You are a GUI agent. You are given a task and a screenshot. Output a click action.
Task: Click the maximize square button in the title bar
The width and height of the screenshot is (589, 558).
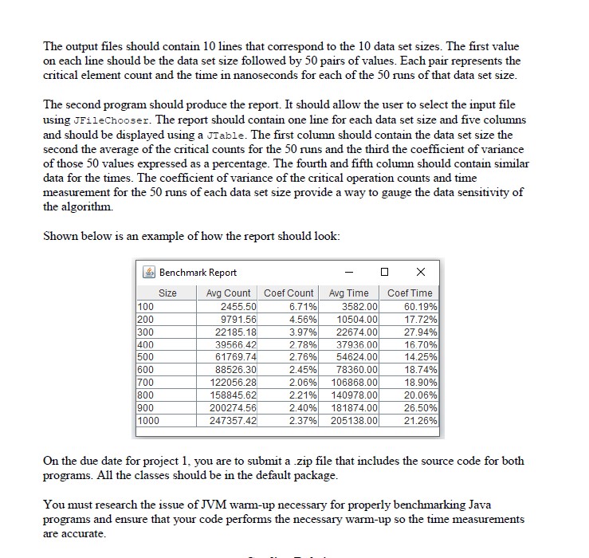pos(385,272)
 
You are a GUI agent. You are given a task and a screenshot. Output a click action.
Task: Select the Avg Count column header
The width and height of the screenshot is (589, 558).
pos(228,293)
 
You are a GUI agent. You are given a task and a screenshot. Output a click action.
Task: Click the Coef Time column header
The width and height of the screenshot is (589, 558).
pos(409,293)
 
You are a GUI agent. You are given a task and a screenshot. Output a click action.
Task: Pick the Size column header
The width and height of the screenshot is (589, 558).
pos(167,293)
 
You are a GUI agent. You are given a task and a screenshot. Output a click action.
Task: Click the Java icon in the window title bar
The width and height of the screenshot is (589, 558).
pos(147,272)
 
